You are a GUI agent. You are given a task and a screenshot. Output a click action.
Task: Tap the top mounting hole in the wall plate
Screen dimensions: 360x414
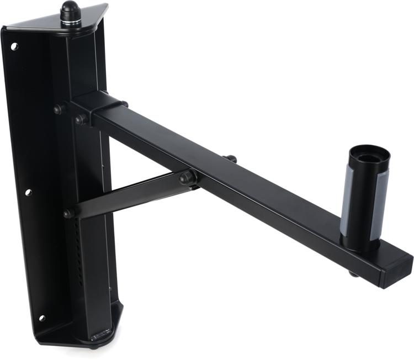coord(14,46)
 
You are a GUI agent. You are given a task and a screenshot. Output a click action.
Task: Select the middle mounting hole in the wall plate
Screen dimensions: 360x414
coord(28,193)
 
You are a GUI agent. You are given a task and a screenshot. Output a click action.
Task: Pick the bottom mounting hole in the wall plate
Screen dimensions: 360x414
coord(41,318)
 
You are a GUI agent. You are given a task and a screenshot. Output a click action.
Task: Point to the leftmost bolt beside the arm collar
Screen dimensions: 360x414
coord(58,109)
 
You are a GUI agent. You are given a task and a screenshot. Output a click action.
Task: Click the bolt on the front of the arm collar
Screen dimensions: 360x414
coord(81,119)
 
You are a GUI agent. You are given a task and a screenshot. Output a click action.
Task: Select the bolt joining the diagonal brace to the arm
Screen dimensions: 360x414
coord(186,177)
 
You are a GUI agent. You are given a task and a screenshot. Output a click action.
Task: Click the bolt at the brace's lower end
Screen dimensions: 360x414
coord(69,213)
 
